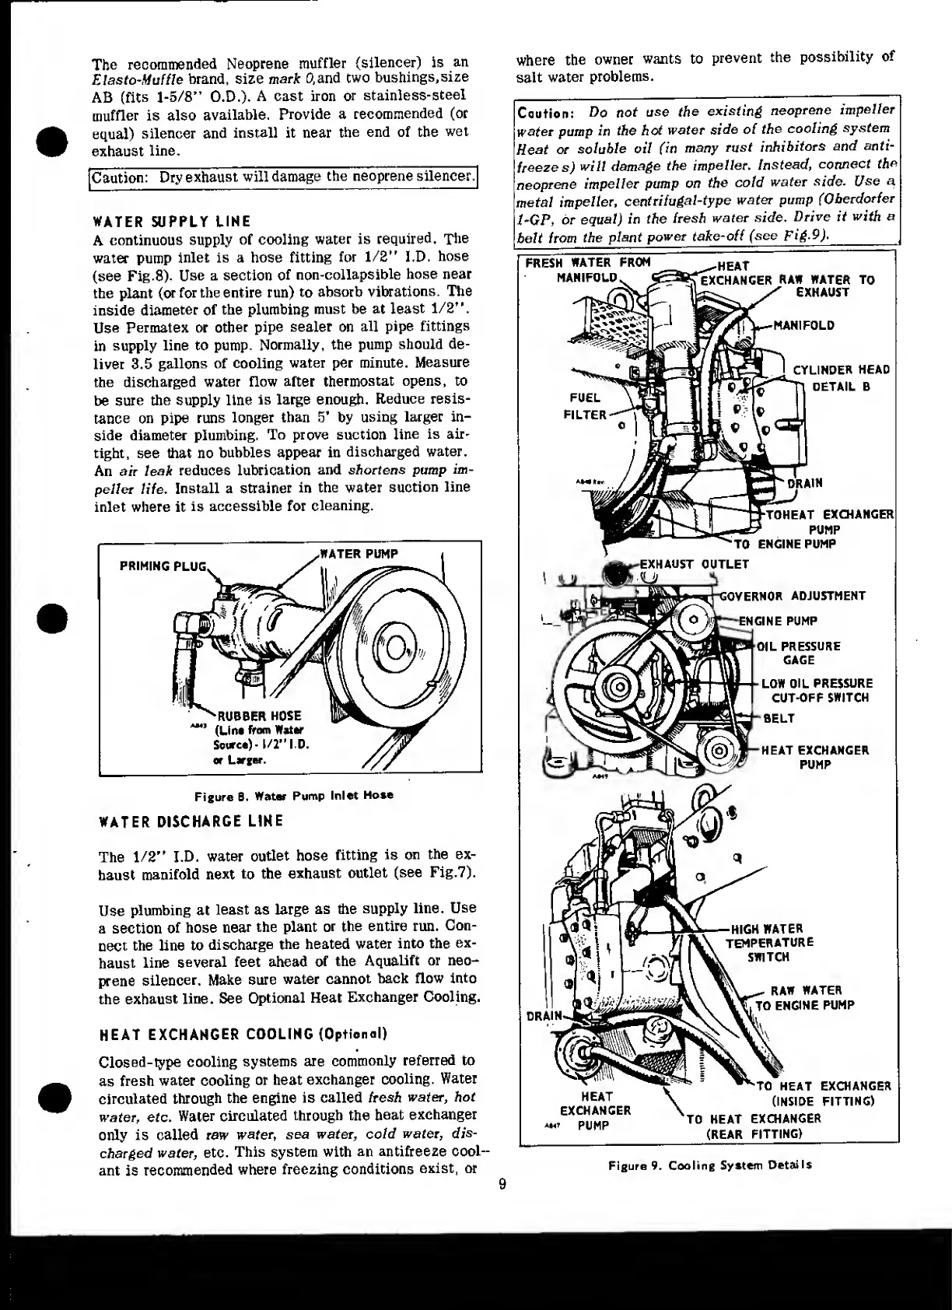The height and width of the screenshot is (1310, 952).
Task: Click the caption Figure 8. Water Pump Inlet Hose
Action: click(294, 795)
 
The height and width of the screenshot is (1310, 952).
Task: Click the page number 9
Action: click(502, 1185)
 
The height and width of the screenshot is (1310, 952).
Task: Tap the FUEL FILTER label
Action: click(584, 406)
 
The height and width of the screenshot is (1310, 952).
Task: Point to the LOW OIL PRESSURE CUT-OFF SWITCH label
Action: click(817, 690)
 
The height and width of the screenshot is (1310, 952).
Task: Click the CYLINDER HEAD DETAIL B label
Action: click(841, 377)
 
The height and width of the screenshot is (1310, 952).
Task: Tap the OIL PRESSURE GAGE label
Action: click(800, 653)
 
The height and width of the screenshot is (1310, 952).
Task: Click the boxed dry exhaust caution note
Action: click(283, 177)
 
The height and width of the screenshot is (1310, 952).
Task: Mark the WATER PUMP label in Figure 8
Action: click(359, 554)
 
